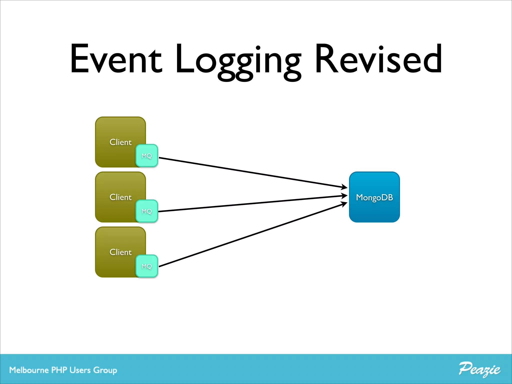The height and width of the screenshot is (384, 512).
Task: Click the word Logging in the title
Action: [238, 61]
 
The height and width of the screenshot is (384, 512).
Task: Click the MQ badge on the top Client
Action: [147, 156]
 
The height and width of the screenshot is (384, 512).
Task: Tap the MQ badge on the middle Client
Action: [147, 211]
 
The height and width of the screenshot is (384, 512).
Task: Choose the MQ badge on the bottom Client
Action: [147, 266]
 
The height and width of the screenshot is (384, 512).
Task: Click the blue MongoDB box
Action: [374, 197]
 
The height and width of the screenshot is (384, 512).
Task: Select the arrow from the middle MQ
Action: [250, 204]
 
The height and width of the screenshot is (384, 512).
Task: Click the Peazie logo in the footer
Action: [479, 369]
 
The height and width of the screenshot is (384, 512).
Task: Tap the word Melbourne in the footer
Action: [29, 370]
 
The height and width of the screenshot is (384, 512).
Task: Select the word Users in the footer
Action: [80, 370]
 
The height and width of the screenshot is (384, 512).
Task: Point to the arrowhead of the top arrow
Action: [344, 187]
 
